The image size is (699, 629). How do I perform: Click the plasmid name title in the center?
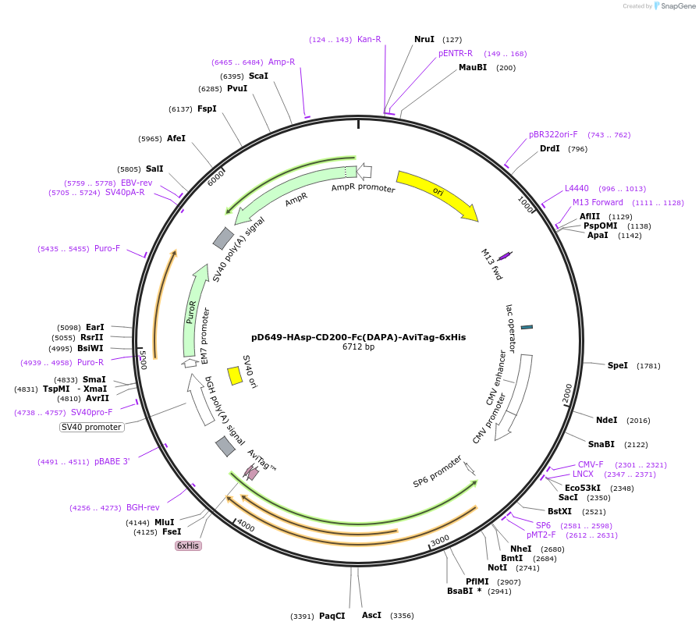click(358, 337)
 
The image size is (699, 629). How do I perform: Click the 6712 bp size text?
click(358, 347)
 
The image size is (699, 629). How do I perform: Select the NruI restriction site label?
click(424, 39)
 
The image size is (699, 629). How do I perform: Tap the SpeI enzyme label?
click(617, 365)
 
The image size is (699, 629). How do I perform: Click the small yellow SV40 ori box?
click(235, 375)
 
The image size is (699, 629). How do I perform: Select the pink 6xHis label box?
click(188, 545)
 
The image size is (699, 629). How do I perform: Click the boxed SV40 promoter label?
click(91, 427)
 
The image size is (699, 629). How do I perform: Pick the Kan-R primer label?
click(369, 39)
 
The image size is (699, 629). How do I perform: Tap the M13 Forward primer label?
click(598, 202)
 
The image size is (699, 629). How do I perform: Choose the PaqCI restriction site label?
click(332, 616)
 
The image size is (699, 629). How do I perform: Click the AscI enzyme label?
click(371, 615)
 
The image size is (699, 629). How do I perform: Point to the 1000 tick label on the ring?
click(525, 204)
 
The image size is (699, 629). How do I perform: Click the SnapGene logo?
click(674, 6)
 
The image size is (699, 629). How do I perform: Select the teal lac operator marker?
click(527, 327)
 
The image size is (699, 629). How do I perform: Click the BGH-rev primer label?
click(143, 507)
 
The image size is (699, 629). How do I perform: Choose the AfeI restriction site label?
click(176, 138)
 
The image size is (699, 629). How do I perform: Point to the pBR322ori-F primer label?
click(553, 134)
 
